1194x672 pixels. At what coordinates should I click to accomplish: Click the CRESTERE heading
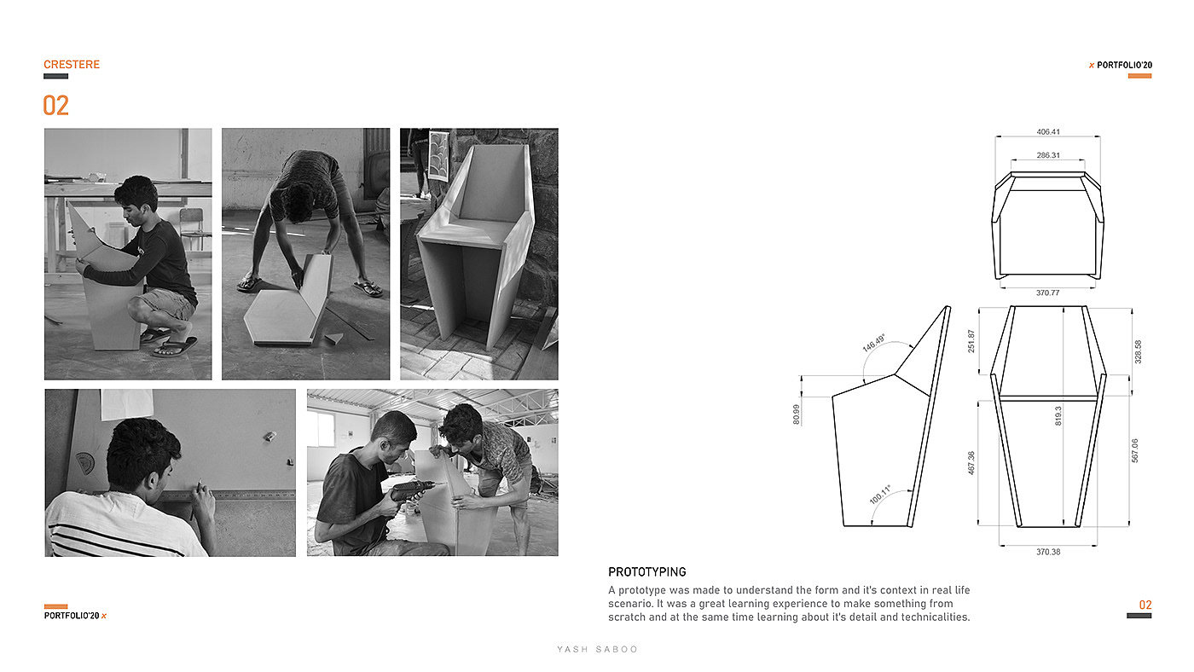[x=72, y=65]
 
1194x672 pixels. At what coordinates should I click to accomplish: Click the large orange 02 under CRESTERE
[x=56, y=106]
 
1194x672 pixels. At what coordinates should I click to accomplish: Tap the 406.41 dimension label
[x=1048, y=131]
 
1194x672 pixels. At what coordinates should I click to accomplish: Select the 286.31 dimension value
[x=1048, y=155]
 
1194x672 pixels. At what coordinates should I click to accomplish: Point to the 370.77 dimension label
[x=1047, y=293]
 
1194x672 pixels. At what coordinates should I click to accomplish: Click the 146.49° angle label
[x=873, y=343]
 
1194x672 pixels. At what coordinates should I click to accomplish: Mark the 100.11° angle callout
[x=880, y=495]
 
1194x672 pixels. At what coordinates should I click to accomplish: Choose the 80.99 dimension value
[x=797, y=414]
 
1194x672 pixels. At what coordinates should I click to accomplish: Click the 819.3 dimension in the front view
[x=1058, y=415]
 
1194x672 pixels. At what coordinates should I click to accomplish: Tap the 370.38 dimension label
[x=1048, y=552]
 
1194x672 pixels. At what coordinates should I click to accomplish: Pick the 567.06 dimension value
[x=1134, y=450]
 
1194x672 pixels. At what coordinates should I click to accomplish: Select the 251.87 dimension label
[x=971, y=341]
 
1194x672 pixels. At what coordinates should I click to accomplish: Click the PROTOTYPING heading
[x=647, y=572]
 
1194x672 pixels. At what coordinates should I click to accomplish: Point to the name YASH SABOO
[x=597, y=649]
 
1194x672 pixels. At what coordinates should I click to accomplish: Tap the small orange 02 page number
[x=1145, y=605]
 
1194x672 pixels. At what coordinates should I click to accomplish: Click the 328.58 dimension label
[x=1138, y=351]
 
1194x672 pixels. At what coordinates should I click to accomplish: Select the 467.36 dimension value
[x=971, y=462]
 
